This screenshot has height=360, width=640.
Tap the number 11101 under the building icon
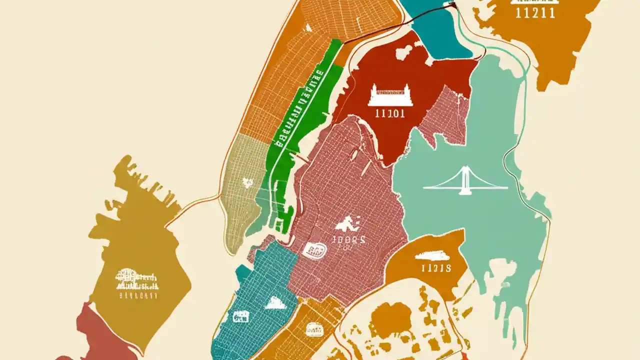pyautogui.click(x=389, y=113)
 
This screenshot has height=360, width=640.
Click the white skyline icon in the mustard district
pyautogui.click(x=136, y=280)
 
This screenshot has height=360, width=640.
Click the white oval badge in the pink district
pyautogui.click(x=314, y=250)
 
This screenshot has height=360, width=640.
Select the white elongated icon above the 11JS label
pyautogui.click(x=432, y=256)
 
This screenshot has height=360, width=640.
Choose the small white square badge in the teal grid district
pyautogui.click(x=241, y=316)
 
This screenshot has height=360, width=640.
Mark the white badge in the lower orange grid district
pyautogui.click(x=314, y=328)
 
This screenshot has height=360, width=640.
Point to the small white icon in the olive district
pyautogui.click(x=247, y=182)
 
